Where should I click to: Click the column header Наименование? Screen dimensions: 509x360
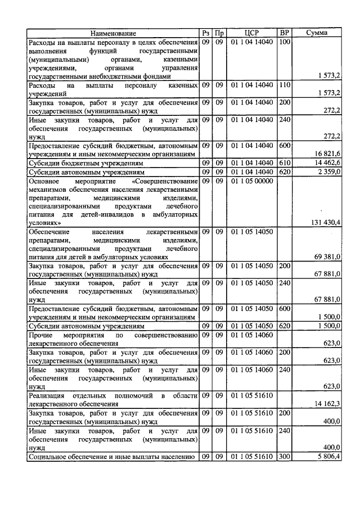[x=113, y=33]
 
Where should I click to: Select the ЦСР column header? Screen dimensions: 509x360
[x=251, y=33]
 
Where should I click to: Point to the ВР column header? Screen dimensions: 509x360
[x=285, y=33]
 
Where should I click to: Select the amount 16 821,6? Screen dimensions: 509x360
[x=327, y=153]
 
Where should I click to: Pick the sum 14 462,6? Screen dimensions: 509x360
[x=327, y=162]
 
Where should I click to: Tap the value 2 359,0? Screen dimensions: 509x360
[x=329, y=171]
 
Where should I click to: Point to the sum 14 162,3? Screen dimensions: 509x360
[x=327, y=404]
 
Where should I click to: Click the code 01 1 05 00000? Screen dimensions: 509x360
[x=251, y=181]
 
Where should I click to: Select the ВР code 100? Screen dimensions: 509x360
[x=285, y=42]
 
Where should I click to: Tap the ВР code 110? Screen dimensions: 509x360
[x=285, y=85]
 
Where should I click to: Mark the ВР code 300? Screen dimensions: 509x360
[x=285, y=457]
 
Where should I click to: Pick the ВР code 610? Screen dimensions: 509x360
[x=285, y=162]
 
